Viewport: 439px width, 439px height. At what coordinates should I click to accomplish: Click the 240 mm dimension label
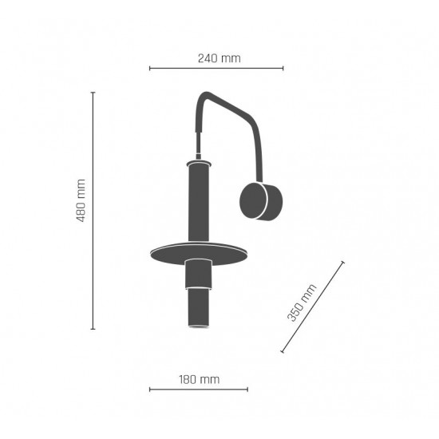[x=219, y=58]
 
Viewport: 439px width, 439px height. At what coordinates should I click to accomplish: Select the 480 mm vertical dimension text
[x=81, y=200]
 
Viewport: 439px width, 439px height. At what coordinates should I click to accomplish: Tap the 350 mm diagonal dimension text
[x=302, y=303]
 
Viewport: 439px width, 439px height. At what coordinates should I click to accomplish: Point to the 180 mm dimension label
[x=200, y=379]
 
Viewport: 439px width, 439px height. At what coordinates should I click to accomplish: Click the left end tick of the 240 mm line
[x=150, y=68]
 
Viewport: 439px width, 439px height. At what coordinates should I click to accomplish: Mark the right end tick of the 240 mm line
[x=283, y=68]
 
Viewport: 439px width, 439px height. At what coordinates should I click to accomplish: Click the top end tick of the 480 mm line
[x=93, y=92]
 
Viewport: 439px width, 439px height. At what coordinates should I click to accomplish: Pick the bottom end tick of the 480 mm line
[x=93, y=329]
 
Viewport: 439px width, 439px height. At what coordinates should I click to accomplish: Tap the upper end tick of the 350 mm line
[x=342, y=262]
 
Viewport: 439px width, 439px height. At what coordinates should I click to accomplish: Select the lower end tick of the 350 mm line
[x=283, y=351]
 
